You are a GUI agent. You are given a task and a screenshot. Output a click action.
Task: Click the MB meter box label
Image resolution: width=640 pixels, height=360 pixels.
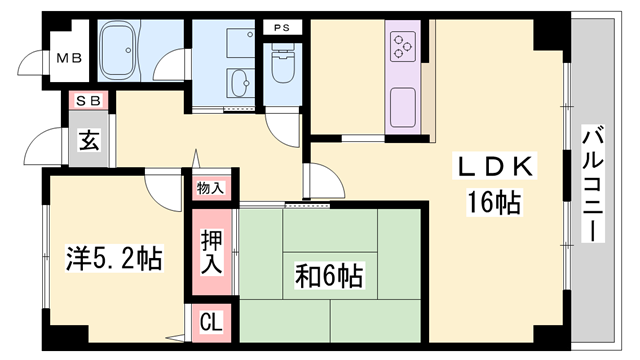coord(69,58)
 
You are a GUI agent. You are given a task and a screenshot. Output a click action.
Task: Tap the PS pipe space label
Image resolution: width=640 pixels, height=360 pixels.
coord(282,28)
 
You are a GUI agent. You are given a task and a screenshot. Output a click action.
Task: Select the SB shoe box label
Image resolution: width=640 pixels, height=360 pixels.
coord(88,101)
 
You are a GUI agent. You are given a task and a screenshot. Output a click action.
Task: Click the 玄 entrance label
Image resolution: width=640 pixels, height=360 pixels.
coord(89,140)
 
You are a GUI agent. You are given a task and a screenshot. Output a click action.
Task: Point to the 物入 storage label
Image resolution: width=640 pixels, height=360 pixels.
coord(211,188)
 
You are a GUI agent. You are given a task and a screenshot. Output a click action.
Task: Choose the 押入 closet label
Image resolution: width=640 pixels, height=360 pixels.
coord(211,251)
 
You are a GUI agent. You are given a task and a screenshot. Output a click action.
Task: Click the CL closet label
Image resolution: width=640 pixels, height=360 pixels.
coord(211,322)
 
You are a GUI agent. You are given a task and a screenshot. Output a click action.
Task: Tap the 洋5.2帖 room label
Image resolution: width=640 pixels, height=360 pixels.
coord(114,258)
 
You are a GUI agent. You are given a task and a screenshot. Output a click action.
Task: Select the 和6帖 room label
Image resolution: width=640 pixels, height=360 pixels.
coord(329,276)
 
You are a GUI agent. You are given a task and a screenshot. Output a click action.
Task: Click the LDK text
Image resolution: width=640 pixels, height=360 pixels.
coord(494,166)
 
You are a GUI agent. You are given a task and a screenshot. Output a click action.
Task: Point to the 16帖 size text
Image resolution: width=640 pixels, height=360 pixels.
coord(494,202)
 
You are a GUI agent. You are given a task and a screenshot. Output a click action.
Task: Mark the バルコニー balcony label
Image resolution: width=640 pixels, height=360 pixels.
coord(593,184)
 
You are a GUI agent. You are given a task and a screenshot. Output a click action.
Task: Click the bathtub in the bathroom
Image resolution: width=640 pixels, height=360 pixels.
coord(118,50)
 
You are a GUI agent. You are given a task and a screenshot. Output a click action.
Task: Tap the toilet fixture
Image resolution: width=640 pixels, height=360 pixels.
coord(282,64)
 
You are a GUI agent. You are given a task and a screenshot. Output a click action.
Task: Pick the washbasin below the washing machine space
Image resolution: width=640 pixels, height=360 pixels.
coord(240,83)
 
